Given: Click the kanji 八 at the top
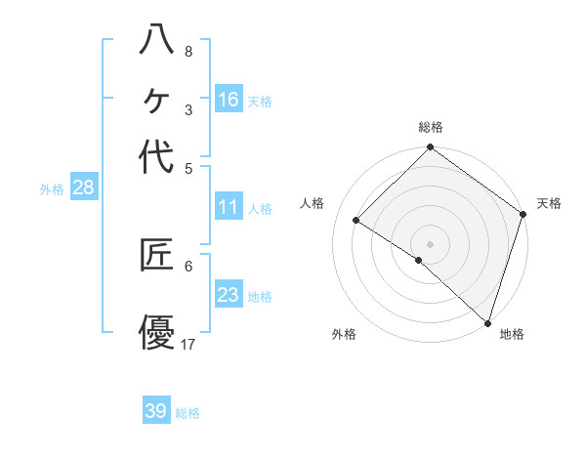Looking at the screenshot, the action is [x=156, y=40].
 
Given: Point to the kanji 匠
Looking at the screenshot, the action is [x=156, y=255].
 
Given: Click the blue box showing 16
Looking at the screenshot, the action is [x=229, y=100].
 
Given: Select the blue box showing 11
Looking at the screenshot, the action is [x=229, y=207].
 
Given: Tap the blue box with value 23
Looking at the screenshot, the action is [x=229, y=295].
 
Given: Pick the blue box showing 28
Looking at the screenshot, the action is [x=83, y=188].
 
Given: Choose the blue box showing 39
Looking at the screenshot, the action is [x=156, y=411].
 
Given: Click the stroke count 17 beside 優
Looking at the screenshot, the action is [x=188, y=344].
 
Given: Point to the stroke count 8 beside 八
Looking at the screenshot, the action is [x=188, y=51].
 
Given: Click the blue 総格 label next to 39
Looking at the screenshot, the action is [x=188, y=413].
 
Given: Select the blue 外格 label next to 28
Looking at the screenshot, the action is [x=52, y=189].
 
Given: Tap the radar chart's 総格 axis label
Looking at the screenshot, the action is [x=431, y=127].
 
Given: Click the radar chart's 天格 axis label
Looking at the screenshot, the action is [x=549, y=203].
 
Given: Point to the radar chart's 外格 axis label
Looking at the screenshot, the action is [x=344, y=334].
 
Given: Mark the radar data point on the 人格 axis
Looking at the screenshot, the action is [x=356, y=221].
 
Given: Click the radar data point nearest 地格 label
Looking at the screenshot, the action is [x=487, y=321].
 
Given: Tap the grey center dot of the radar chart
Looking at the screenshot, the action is [x=430, y=243].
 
